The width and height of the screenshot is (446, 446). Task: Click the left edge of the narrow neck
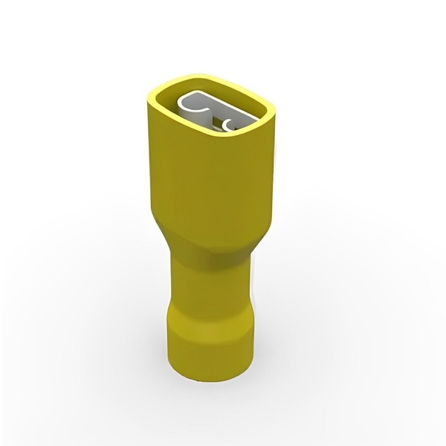(172, 286)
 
